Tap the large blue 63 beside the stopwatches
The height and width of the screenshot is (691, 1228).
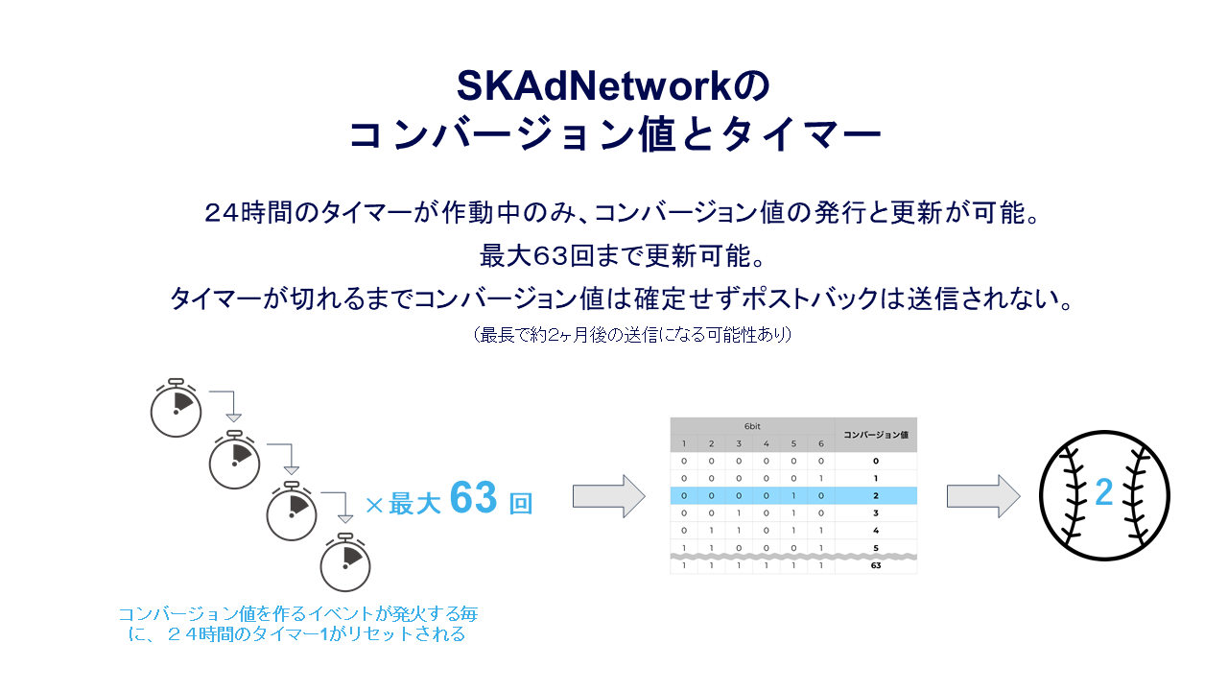click(473, 499)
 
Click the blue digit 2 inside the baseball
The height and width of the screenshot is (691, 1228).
click(1103, 494)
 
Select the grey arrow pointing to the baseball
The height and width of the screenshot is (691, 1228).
click(983, 495)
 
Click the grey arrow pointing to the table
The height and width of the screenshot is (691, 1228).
click(609, 495)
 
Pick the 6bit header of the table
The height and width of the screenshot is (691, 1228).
click(752, 425)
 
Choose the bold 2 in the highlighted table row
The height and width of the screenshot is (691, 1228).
click(875, 495)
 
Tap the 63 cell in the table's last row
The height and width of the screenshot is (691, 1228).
click(875, 565)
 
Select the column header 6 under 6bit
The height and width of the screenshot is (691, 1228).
click(820, 443)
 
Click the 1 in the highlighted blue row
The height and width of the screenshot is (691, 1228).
click(792, 495)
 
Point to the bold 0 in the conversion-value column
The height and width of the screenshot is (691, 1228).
click(875, 461)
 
